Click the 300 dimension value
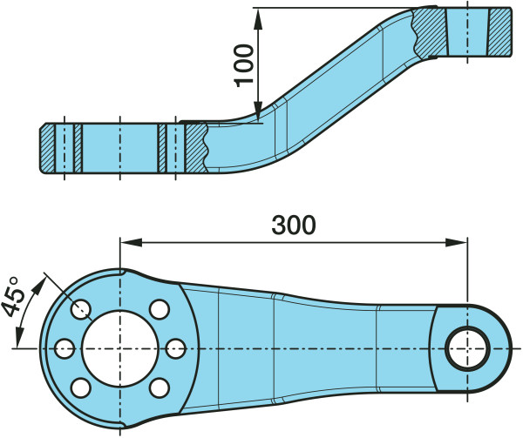click(293, 225)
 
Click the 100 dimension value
click(247, 64)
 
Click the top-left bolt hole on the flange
click(82, 307)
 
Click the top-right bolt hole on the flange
click(158, 308)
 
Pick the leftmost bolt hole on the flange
click(63, 348)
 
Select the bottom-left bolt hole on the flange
click(79, 387)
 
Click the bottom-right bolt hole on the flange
click(158, 387)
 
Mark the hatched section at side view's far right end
click(499, 31)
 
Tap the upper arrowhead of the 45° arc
click(42, 280)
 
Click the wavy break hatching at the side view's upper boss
click(427, 33)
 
